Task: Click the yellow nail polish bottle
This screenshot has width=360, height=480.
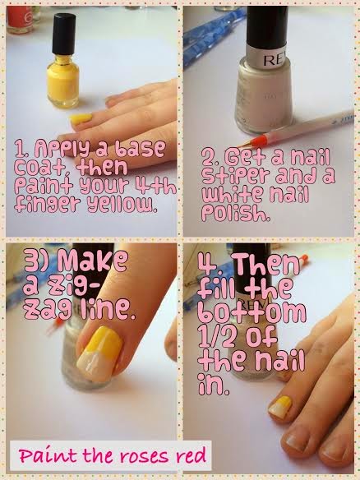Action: click(x=63, y=61)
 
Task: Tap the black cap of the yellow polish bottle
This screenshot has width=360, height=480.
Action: click(x=63, y=34)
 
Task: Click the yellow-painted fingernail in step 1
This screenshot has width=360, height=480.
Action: click(x=81, y=119)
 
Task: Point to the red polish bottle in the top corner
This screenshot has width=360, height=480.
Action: click(x=20, y=19)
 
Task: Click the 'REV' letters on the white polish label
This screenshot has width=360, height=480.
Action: click(x=275, y=60)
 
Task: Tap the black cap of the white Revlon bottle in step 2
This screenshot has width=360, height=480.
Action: click(x=267, y=26)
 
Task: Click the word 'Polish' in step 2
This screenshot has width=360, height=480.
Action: click(x=236, y=213)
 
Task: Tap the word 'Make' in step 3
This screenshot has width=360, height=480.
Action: click(x=92, y=261)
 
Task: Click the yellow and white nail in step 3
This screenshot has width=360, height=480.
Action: click(x=99, y=353)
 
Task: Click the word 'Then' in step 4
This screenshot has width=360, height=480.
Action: click(x=265, y=264)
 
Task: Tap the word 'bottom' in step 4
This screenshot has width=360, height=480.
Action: click(x=252, y=312)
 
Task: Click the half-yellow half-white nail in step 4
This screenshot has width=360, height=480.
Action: click(x=279, y=407)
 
